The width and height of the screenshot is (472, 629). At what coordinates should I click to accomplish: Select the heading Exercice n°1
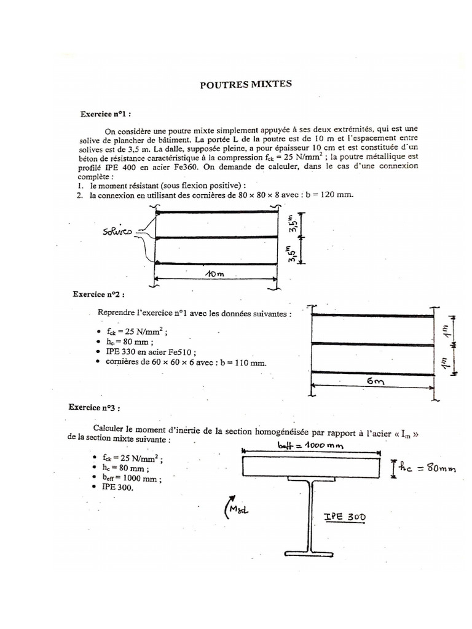tap(106, 114)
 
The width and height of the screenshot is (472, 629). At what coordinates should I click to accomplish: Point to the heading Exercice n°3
tap(95, 407)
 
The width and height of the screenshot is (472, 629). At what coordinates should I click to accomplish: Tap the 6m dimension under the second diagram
tap(374, 382)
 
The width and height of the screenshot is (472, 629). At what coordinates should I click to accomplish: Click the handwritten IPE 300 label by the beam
tap(344, 517)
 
